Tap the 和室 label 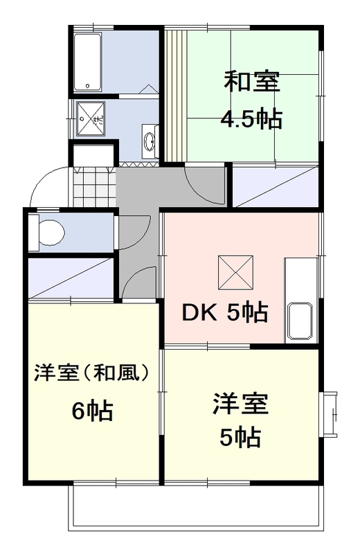[x=251, y=82]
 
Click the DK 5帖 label [x=224, y=313]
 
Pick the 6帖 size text [x=93, y=411]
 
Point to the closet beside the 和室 [x=274, y=187]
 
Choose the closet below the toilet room [x=69, y=278]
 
